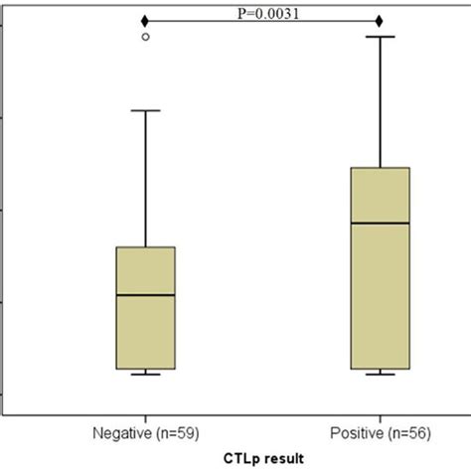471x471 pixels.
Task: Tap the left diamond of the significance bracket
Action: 146,21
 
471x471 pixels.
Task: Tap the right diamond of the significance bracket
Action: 381,21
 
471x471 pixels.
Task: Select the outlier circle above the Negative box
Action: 146,37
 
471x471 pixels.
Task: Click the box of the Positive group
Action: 381,268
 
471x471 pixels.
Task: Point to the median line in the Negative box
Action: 146,295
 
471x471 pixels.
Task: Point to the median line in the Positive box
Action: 381,224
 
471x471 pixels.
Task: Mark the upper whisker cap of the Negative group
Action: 146,110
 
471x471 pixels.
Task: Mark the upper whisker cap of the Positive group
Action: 381,37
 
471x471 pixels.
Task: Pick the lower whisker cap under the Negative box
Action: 146,375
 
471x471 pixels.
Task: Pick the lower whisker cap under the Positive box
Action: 381,375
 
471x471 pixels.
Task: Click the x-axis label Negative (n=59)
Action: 146,433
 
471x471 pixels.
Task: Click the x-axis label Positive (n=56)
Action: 381,433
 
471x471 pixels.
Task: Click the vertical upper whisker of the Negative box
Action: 146,179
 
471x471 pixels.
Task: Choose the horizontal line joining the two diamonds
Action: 199,21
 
